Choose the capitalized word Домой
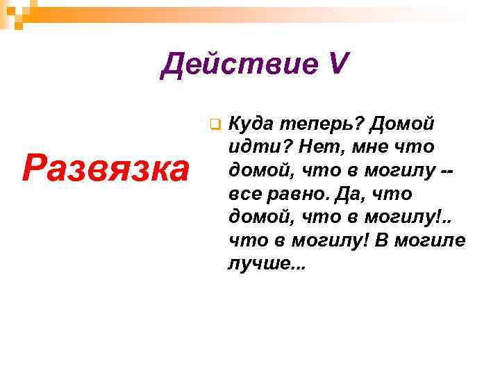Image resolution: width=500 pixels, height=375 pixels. point(406,124)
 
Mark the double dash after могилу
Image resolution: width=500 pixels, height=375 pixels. point(451,171)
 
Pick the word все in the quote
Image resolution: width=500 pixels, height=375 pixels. point(244,194)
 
